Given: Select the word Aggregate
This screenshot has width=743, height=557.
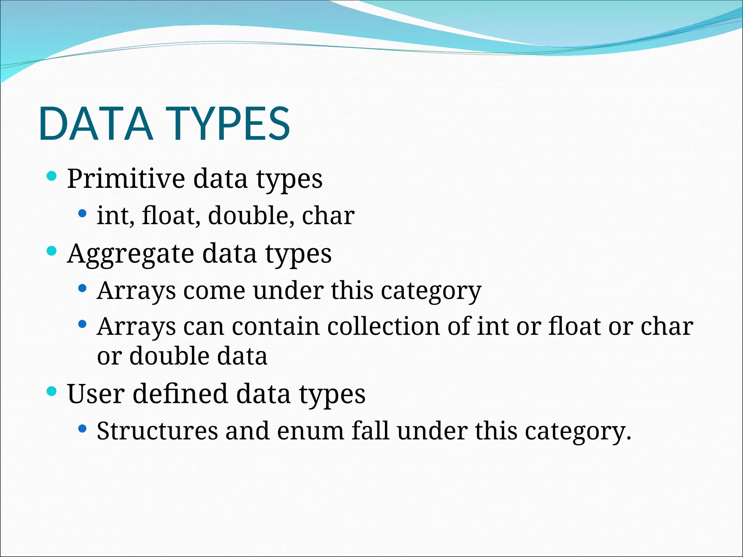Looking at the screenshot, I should pos(131,253).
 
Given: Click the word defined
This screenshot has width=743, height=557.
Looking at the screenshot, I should pos(180,394).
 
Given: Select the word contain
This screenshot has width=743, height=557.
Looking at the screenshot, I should pos(276,326).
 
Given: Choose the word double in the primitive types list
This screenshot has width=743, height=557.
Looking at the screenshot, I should pos(249,215).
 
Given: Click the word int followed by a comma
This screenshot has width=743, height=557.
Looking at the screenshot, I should pos(113,215).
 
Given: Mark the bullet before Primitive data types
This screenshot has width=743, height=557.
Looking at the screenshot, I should pos(52,176).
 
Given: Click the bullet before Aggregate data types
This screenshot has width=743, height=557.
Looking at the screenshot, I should pos(52,251).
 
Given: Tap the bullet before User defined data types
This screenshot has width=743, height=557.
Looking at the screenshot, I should pos(52,391).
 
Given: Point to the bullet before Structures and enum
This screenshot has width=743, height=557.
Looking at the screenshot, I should pos(82,429).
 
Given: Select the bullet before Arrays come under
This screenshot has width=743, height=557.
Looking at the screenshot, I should pos(82,288).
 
